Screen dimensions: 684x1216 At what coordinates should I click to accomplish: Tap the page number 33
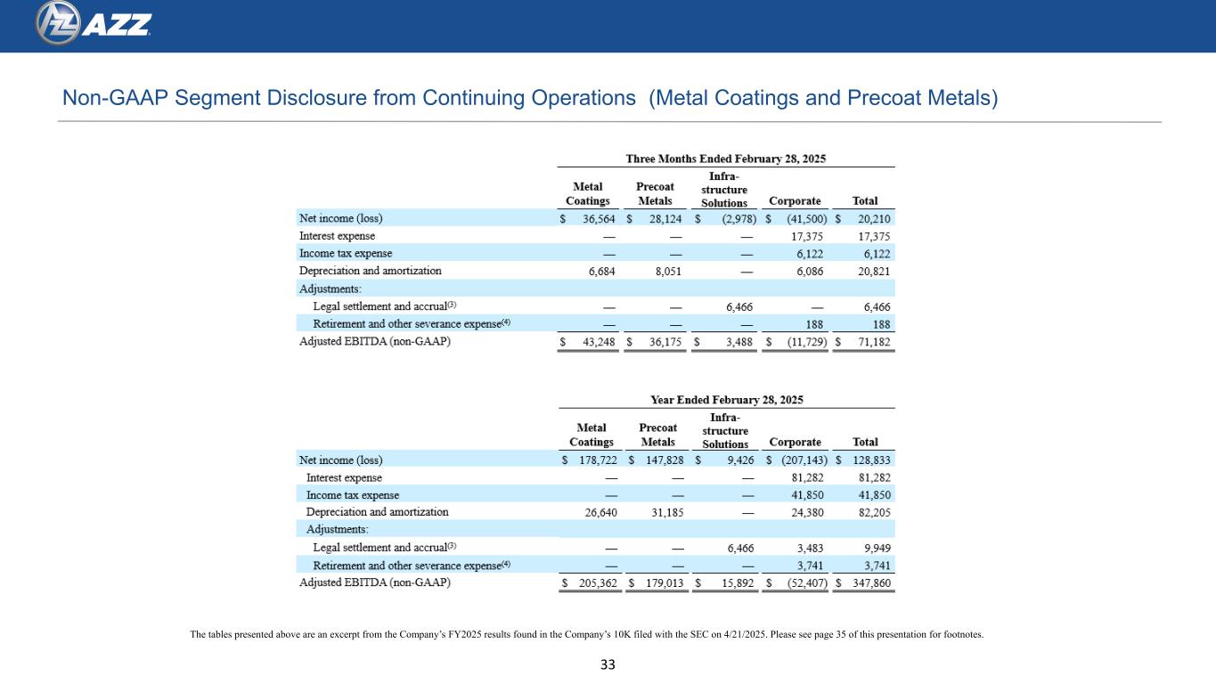tap(608, 664)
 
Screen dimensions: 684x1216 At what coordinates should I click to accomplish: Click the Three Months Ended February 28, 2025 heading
tap(726, 159)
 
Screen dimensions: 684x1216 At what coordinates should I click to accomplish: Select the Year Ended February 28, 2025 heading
tap(726, 400)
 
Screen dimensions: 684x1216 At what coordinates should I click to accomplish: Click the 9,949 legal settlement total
tap(874, 547)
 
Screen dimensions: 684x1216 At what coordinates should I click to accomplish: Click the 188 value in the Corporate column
tap(812, 324)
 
